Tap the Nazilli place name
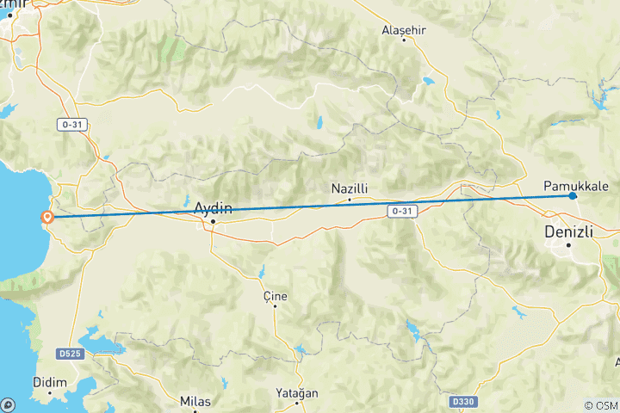(x=350, y=188)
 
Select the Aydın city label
(x=213, y=206)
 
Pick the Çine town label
(x=275, y=296)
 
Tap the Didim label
(x=50, y=381)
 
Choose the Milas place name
(x=195, y=401)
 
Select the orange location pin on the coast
(x=48, y=218)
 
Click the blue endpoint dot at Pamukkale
(x=573, y=196)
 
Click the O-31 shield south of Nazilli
(x=401, y=211)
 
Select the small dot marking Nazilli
(x=349, y=200)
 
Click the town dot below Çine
(x=275, y=307)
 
